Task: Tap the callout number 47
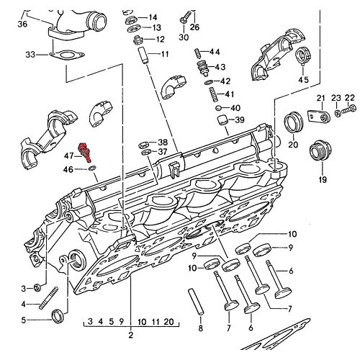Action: click(x=69, y=155)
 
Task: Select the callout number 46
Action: click(x=69, y=169)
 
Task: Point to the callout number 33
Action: click(x=30, y=54)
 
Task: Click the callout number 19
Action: click(x=322, y=179)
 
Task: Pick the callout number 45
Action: click(x=303, y=79)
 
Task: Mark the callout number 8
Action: click(x=201, y=329)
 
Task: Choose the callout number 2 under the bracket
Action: click(x=131, y=336)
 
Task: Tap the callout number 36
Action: click(x=22, y=24)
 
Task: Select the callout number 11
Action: click(x=165, y=55)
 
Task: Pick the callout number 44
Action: click(x=215, y=52)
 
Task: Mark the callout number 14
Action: click(x=153, y=17)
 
